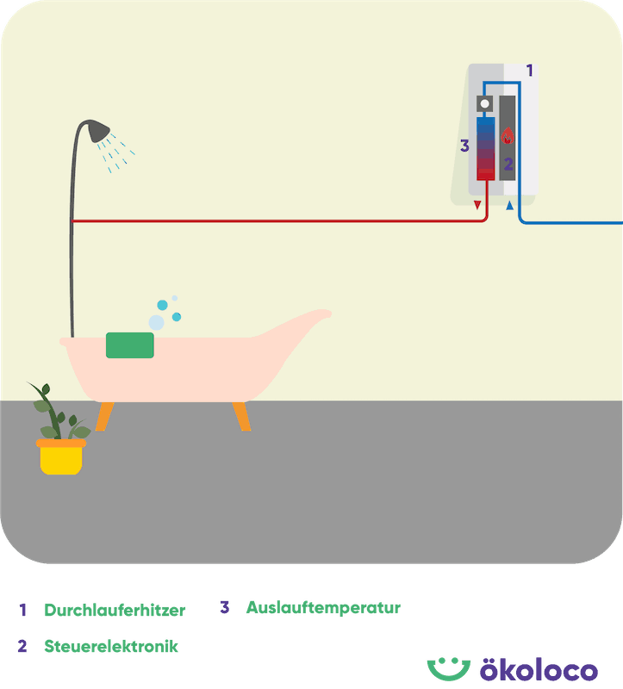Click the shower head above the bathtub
pos(100,130)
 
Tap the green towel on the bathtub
pos(130,344)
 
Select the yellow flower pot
pos(62,457)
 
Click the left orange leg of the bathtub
pos(105,416)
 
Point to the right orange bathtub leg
pos(241,416)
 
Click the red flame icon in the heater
pos(508,136)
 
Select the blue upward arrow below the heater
pos(510,206)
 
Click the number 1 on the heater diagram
pos(529,71)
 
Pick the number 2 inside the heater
pos(508,164)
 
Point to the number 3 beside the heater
pos(464,146)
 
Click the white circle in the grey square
pos(484,105)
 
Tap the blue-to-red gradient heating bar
pos(485,148)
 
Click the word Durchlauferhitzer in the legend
pos(115,611)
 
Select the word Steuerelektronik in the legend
pos(111,645)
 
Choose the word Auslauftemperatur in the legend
pos(323,607)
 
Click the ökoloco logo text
pos(539,669)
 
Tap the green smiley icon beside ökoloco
pos(447,667)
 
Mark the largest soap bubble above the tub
pos(156,322)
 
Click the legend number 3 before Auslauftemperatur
pos(224,607)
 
